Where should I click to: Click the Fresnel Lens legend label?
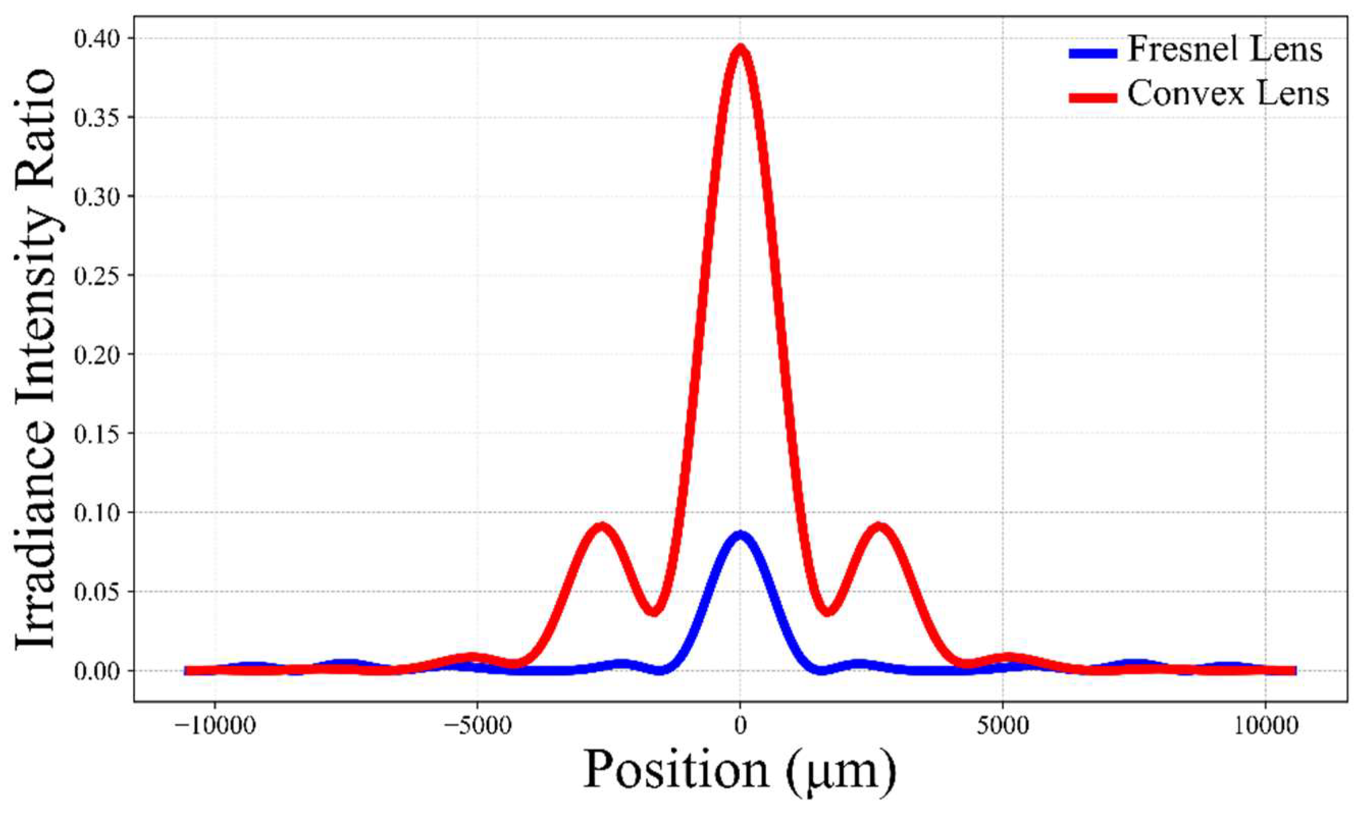(1224, 50)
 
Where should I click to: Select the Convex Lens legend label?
(1228, 94)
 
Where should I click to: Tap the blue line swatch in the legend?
(1093, 53)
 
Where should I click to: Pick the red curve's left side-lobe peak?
(602, 527)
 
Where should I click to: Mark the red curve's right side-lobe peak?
(880, 527)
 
